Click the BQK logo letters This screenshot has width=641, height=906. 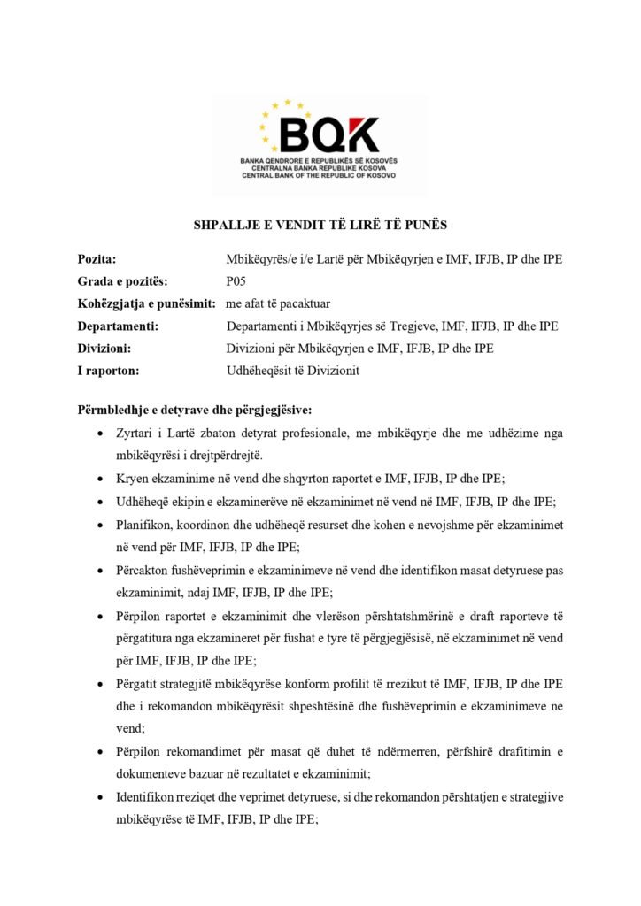click(328, 134)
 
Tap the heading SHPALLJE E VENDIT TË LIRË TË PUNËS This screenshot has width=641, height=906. click(320, 226)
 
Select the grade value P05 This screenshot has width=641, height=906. click(236, 281)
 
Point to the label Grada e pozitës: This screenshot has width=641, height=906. click(122, 281)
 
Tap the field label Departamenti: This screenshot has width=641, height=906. click(118, 326)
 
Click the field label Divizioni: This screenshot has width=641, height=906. click(104, 349)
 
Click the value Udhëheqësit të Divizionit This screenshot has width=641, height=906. click(292, 371)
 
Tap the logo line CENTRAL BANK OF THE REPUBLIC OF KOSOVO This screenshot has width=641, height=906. click(320, 175)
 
